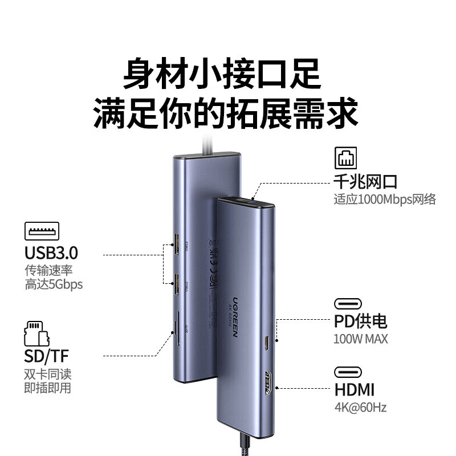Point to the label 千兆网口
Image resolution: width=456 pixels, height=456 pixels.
pyautogui.click(x=365, y=182)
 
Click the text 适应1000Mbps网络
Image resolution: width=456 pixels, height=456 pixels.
pyautogui.click(x=385, y=199)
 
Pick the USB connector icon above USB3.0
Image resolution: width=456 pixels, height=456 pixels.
pyautogui.click(x=42, y=230)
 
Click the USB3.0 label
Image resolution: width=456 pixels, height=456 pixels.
pyautogui.click(x=51, y=253)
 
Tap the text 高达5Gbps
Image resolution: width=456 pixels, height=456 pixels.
pyautogui.click(x=54, y=284)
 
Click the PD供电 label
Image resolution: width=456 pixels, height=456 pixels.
pyautogui.click(x=360, y=321)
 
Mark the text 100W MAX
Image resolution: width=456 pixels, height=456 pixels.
pyautogui.click(x=360, y=339)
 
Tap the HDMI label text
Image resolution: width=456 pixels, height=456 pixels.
pyautogui.click(x=354, y=389)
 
